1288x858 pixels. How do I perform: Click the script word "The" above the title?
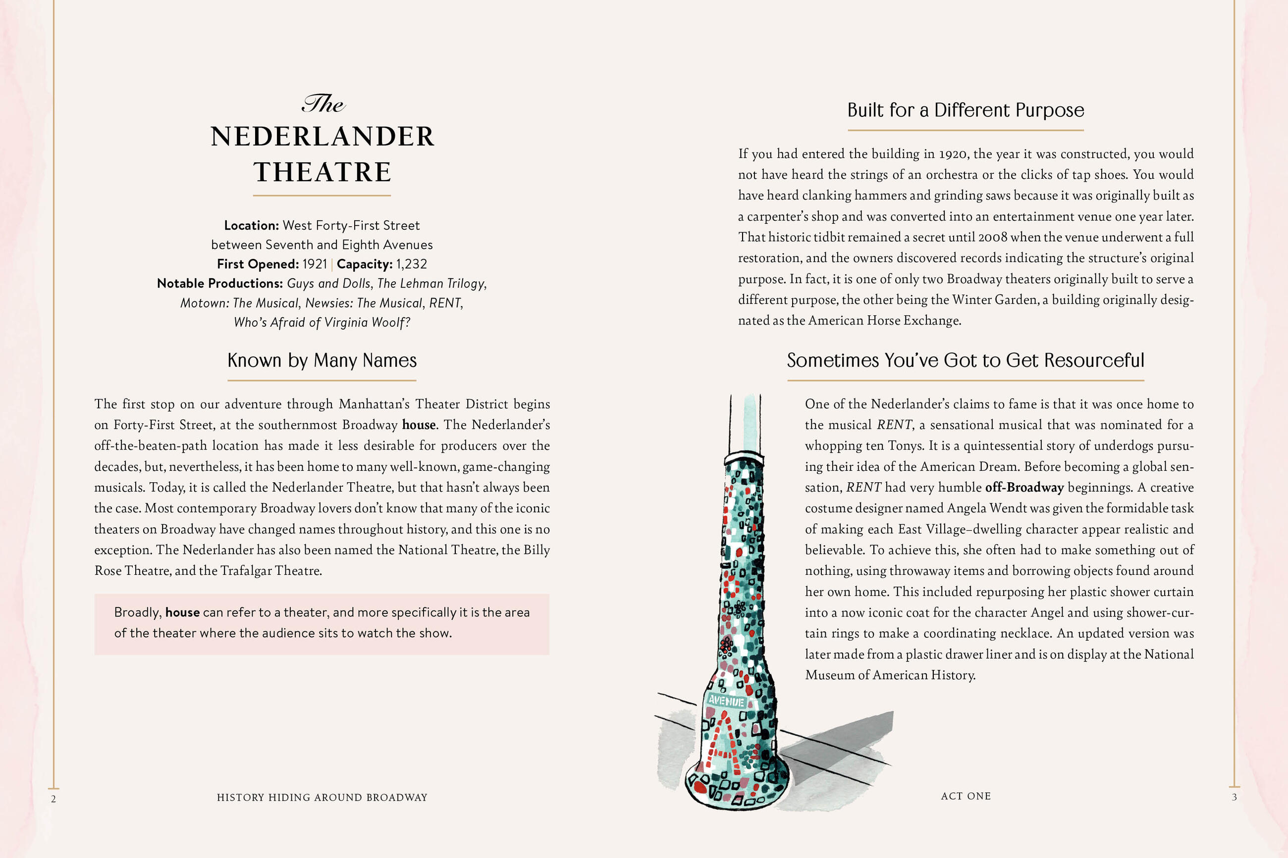(323, 103)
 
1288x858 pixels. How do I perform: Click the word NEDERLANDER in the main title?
(322, 137)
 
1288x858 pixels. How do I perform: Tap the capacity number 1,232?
(411, 264)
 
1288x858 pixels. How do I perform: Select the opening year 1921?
(315, 264)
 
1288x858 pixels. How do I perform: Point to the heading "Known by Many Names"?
(322, 360)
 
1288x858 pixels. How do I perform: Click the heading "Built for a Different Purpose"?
(966, 110)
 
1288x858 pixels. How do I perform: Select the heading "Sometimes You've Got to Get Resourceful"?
(966, 360)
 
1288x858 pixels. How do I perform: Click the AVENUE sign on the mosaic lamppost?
(726, 701)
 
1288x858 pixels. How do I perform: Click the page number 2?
(54, 799)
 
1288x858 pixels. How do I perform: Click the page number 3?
(1234, 797)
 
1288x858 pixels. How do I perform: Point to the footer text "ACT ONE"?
(966, 796)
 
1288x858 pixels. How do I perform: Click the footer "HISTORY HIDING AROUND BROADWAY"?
(322, 797)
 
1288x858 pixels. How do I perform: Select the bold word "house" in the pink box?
(182, 612)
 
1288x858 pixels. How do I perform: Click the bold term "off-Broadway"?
(1024, 488)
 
